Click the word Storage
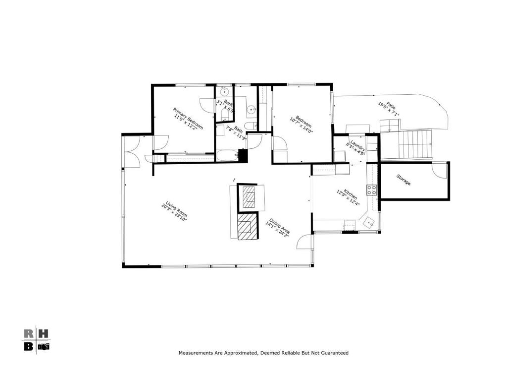coord(404,180)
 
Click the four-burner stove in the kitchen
coord(371,190)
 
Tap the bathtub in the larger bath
coord(227,155)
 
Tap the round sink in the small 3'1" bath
coord(224,91)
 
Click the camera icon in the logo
coord(44,346)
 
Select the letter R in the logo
coord(29,333)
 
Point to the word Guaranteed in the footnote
coord(334,353)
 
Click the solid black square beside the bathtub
coord(242,155)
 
